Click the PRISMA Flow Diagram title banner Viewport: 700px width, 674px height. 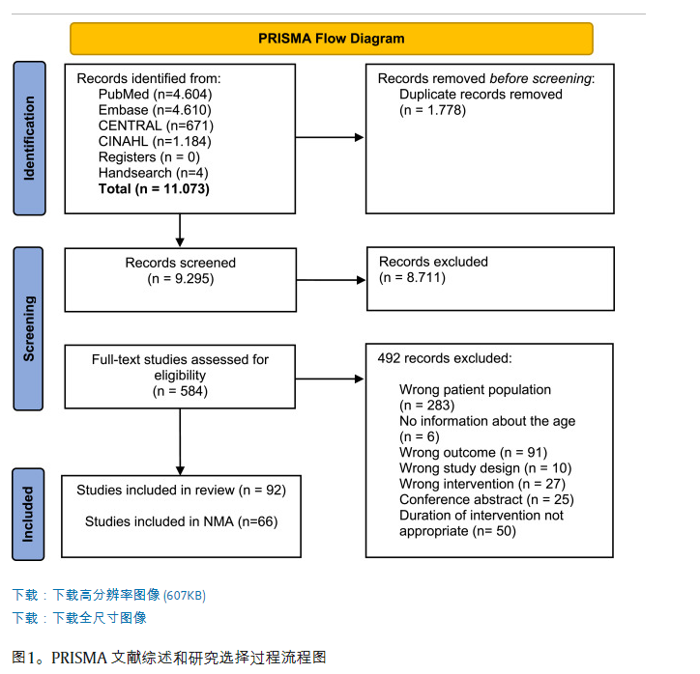[x=331, y=39]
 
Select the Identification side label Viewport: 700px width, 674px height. [x=29, y=137]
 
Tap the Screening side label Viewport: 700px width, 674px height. [x=29, y=329]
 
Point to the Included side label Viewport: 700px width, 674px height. [x=29, y=513]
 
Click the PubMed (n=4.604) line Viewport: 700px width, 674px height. [x=155, y=95]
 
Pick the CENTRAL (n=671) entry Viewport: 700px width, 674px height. [x=156, y=126]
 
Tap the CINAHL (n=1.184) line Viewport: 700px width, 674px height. [x=155, y=141]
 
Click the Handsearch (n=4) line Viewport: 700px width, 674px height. [x=152, y=173]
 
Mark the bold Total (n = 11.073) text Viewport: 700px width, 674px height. [x=154, y=188]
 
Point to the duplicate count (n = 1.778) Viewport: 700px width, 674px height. [x=433, y=110]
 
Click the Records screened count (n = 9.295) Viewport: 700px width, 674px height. [x=181, y=278]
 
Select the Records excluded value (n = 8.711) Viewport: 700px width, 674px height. [x=413, y=277]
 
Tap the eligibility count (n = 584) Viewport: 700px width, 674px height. [x=180, y=391]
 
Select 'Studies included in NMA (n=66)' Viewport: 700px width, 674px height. [x=181, y=521]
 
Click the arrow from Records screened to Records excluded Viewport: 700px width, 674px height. [x=332, y=279]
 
